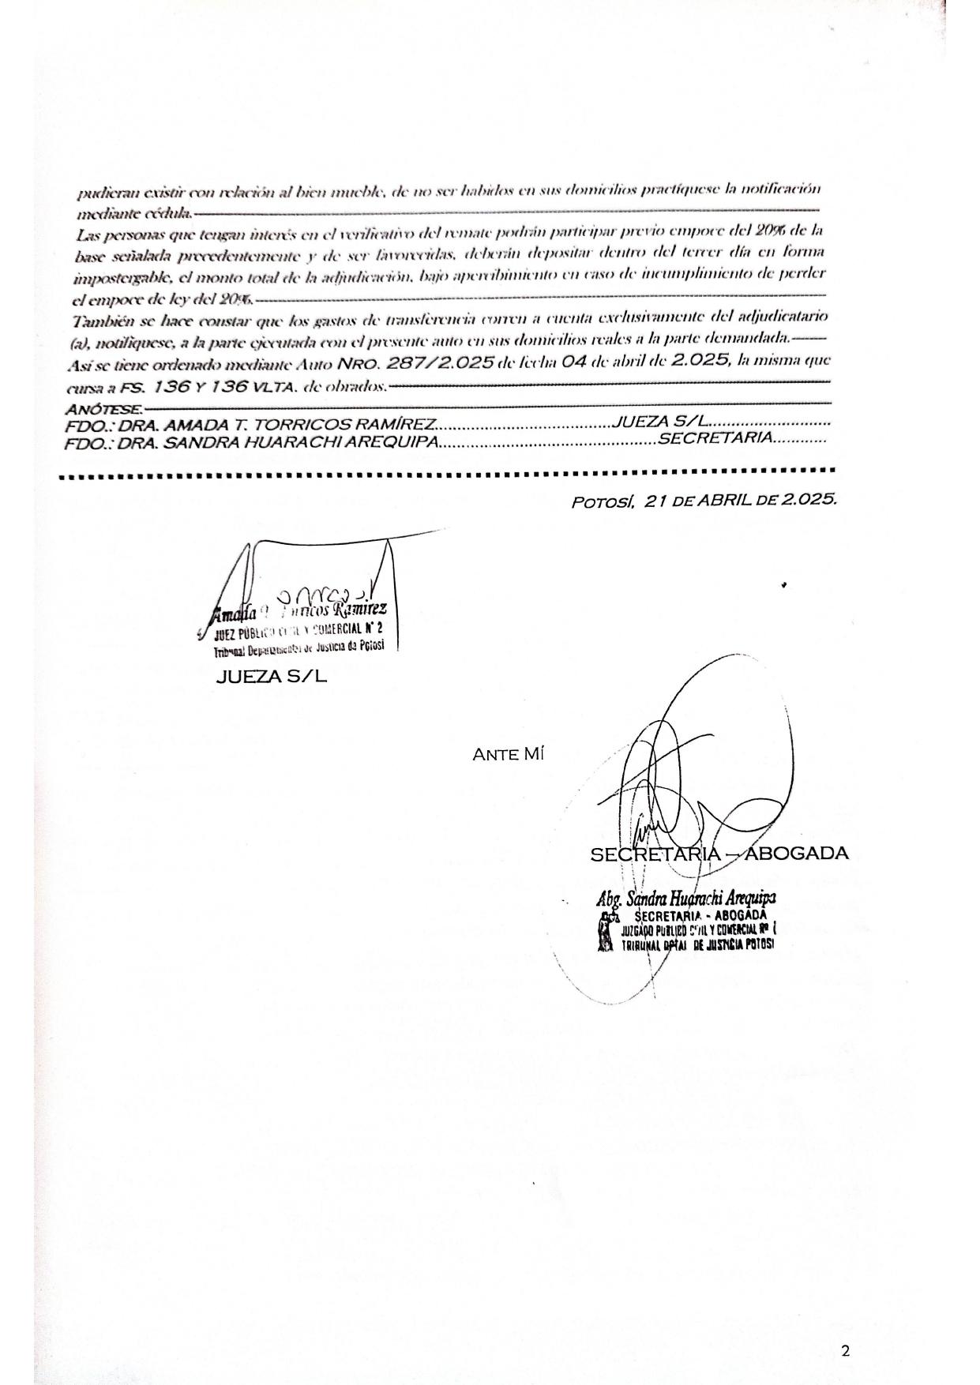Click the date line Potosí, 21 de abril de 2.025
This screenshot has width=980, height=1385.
(704, 501)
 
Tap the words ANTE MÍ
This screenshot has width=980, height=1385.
(508, 754)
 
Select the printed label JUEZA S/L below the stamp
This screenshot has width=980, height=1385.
(271, 677)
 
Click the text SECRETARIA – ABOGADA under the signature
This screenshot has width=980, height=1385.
(719, 854)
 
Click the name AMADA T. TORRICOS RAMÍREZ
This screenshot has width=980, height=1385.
(299, 426)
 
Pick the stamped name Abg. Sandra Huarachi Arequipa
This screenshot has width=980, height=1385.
(685, 899)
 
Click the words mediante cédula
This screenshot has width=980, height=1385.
(133, 212)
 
